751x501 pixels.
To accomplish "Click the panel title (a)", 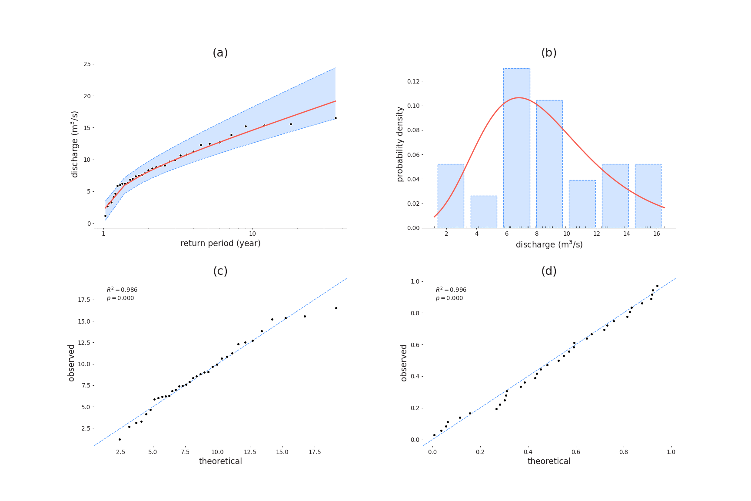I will tap(220, 53).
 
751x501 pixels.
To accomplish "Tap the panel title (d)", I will tap(548, 271).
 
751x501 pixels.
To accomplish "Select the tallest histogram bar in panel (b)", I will tap(516, 148).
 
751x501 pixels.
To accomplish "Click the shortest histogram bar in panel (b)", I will tap(483, 212).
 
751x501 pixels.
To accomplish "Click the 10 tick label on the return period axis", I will tap(253, 234).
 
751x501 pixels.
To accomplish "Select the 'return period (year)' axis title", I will tap(220, 244).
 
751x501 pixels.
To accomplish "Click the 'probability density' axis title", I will tap(400, 144).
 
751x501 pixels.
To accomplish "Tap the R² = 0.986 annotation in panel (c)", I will tap(122, 290).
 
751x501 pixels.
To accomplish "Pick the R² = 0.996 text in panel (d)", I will tap(451, 290).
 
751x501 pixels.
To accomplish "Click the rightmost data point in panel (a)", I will tap(336, 118).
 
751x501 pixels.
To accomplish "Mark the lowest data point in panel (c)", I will tap(120, 439).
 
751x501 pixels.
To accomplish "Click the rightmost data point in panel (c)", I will tap(336, 308).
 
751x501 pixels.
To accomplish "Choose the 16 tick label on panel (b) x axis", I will tap(657, 234).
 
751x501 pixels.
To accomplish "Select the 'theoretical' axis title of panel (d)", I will tap(548, 461).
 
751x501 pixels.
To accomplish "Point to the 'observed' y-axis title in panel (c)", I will tap(72, 363).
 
